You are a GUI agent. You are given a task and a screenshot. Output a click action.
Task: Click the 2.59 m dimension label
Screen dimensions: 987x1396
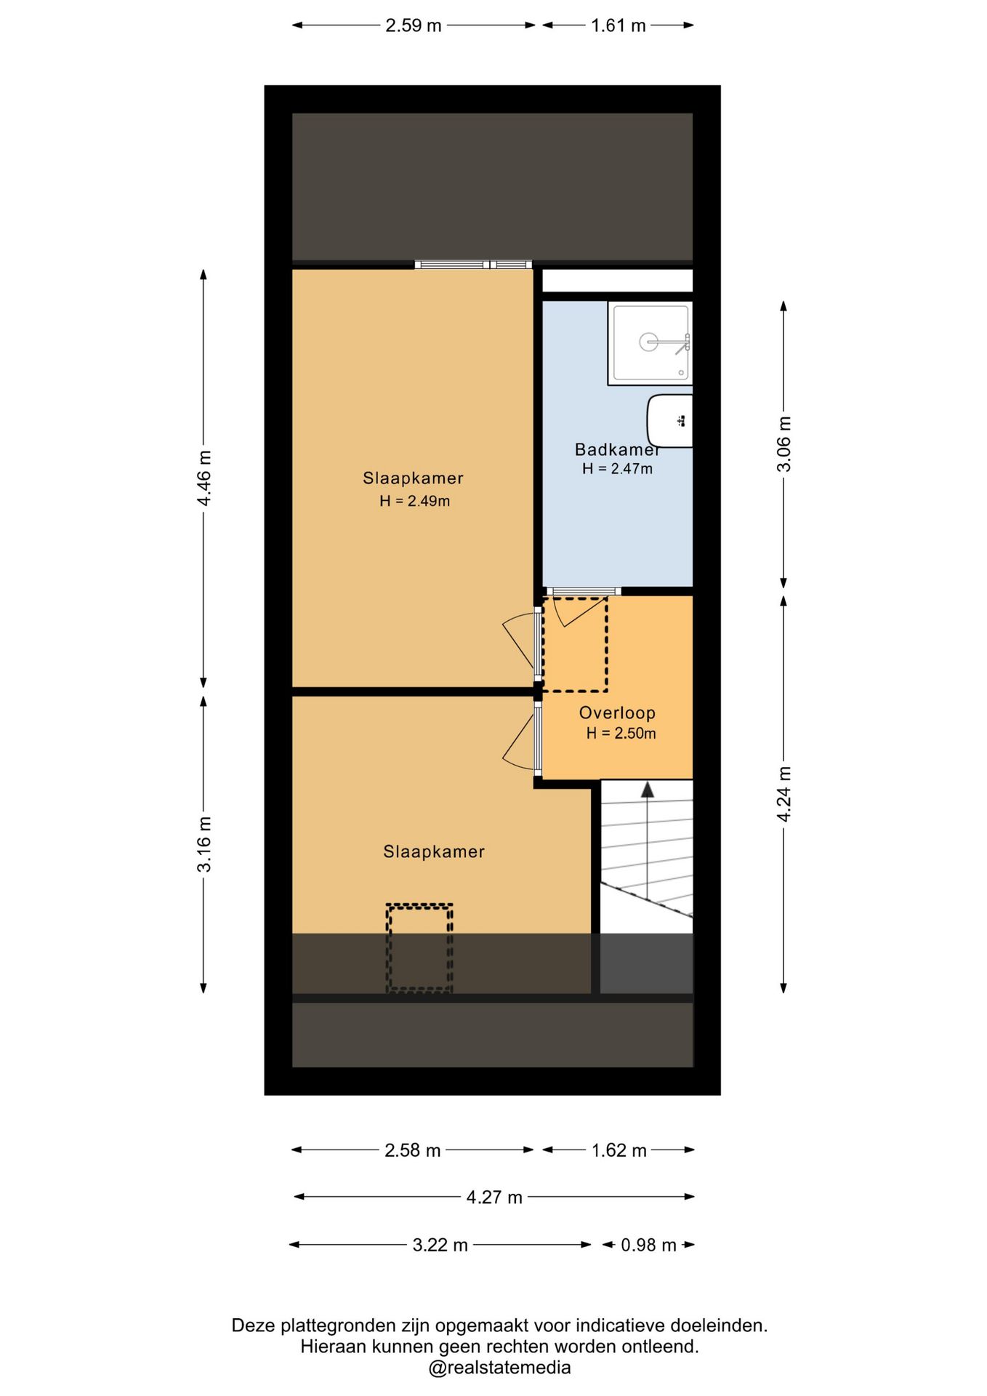[413, 25]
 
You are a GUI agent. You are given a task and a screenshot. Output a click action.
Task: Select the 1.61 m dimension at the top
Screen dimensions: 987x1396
[618, 25]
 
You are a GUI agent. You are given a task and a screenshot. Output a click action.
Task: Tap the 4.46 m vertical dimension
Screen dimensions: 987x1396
[204, 478]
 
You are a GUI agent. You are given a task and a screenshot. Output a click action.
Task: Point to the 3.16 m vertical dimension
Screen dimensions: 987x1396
[204, 843]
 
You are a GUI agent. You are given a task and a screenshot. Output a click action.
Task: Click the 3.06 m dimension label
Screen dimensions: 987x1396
[784, 444]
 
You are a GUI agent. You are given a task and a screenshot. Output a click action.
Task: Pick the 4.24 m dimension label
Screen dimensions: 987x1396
[784, 794]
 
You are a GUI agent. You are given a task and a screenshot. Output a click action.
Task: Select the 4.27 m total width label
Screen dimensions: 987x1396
[494, 1197]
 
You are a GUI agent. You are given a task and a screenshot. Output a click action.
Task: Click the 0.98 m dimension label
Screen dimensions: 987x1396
[648, 1245]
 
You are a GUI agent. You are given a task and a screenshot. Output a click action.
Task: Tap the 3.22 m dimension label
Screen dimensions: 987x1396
[440, 1245]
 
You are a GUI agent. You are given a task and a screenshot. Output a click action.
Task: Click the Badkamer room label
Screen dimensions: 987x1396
[617, 449]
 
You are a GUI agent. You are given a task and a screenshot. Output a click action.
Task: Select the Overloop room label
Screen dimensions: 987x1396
[617, 713]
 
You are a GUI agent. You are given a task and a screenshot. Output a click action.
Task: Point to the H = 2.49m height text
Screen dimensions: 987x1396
[414, 501]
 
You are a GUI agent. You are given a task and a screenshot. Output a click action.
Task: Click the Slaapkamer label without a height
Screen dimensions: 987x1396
[434, 851]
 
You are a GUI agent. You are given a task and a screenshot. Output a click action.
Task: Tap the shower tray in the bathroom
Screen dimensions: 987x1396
[650, 343]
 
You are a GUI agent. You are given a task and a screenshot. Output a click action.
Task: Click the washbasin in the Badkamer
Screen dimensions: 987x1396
[670, 421]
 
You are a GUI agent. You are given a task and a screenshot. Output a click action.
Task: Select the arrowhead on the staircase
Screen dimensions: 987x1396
[647, 790]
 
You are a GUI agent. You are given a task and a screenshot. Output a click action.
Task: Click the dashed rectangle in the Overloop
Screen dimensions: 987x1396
[575, 645]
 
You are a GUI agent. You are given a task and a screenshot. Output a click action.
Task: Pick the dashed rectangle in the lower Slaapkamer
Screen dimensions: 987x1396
[419, 948]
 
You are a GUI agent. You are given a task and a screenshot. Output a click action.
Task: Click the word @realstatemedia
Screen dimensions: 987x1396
[499, 1368]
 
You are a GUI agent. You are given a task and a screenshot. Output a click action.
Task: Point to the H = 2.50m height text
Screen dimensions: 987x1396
[621, 734]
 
